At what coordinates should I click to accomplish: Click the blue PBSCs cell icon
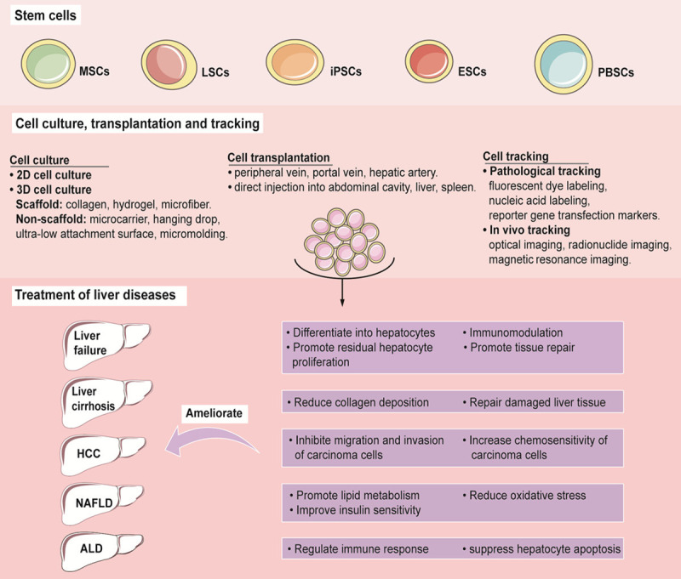[563, 67]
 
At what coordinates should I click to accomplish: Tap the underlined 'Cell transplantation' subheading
[278, 159]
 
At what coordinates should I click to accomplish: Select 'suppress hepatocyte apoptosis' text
[540, 549]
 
